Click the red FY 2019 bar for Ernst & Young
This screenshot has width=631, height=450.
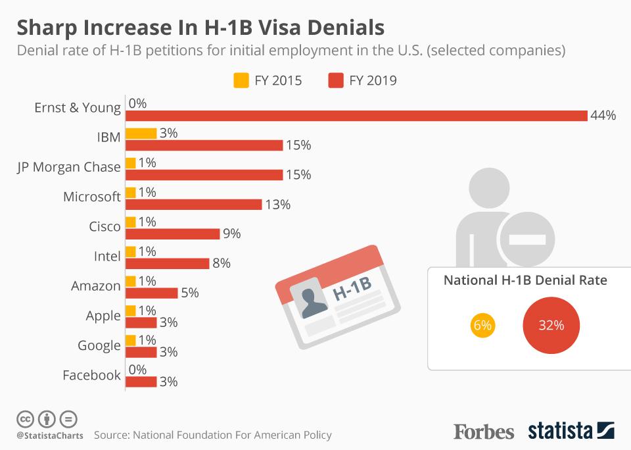click(356, 115)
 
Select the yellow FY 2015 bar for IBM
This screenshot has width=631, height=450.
click(141, 133)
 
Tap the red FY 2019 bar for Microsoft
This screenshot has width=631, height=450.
click(193, 205)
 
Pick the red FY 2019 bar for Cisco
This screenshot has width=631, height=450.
click(172, 234)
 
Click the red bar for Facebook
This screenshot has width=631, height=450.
click(141, 382)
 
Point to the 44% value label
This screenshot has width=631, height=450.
click(603, 116)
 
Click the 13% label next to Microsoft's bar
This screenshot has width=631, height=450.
click(277, 205)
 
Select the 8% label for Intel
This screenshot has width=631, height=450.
click(221, 264)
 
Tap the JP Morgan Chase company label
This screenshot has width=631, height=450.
click(69, 167)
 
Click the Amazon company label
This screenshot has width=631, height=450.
click(96, 286)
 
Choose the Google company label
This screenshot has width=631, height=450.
click(99, 345)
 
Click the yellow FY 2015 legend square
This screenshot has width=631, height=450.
click(241, 81)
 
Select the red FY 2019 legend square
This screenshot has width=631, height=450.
click(335, 81)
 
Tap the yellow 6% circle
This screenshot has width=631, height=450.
click(482, 326)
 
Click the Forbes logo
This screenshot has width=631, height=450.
click(484, 432)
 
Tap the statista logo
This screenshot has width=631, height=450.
click(571, 432)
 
